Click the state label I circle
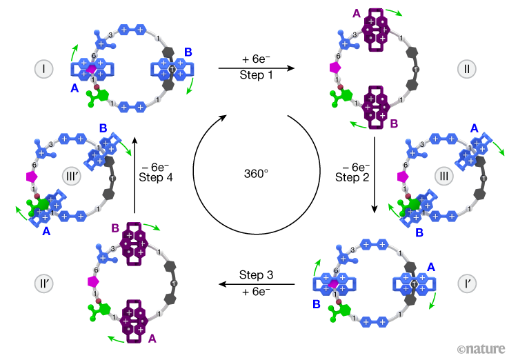43,69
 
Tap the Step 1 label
257,75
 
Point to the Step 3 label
257,275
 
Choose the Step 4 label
157,177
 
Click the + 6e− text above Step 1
257,60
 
